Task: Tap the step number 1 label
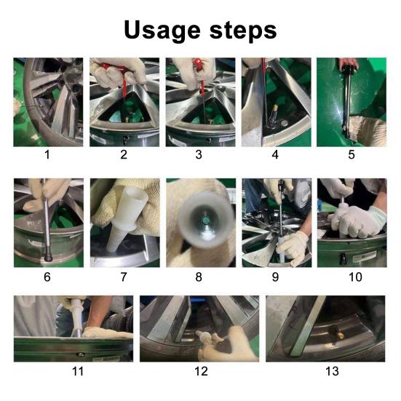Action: (x=48, y=155)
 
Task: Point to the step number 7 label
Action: (x=124, y=276)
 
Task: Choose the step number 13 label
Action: (x=332, y=371)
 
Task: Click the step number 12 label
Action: (x=200, y=371)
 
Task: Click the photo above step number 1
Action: (x=48, y=102)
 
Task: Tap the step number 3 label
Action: (x=200, y=155)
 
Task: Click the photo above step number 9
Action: (x=276, y=223)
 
